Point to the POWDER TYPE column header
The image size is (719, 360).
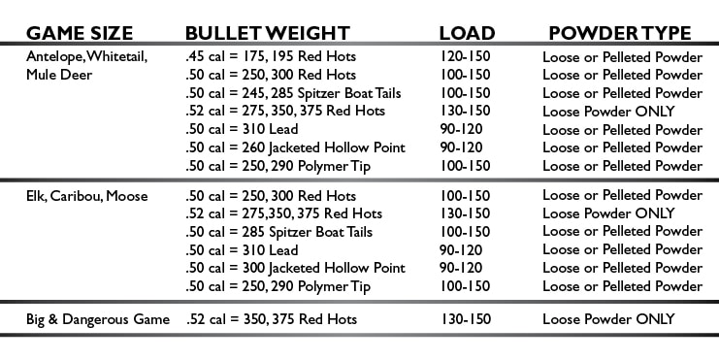[620, 33]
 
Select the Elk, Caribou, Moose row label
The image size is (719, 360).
[87, 196]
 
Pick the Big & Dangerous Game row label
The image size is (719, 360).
[98, 319]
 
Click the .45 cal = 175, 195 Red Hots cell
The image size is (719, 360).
[270, 56]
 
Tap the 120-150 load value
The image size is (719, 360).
[465, 56]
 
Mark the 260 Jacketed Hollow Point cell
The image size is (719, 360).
[294, 147]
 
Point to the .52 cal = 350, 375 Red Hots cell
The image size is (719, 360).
[271, 319]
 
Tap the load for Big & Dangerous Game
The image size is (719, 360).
[465, 319]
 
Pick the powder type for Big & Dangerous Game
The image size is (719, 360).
[608, 319]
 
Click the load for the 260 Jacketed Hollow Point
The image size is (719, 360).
[461, 147]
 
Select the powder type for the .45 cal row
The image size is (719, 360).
[622, 56]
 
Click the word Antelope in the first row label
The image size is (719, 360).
[55, 56]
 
